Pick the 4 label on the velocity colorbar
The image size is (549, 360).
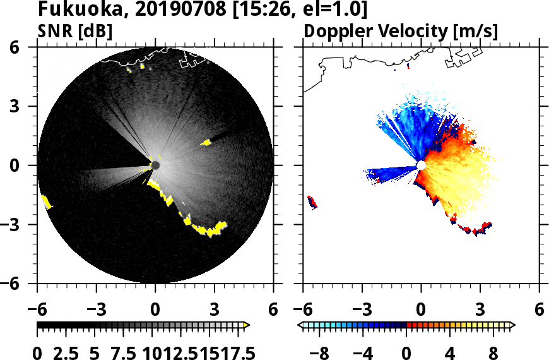pyautogui.click(x=450, y=352)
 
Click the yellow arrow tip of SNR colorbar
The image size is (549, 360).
pyautogui.click(x=247, y=325)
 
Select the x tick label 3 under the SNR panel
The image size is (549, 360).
pyautogui.click(x=215, y=310)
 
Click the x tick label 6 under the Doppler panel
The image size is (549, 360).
pyautogui.click(x=539, y=310)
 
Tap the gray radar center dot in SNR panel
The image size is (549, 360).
pyautogui.click(x=155, y=165)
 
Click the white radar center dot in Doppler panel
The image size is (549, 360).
pyautogui.click(x=421, y=165)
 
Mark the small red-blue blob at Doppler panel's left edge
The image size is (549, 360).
pyautogui.click(x=312, y=202)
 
